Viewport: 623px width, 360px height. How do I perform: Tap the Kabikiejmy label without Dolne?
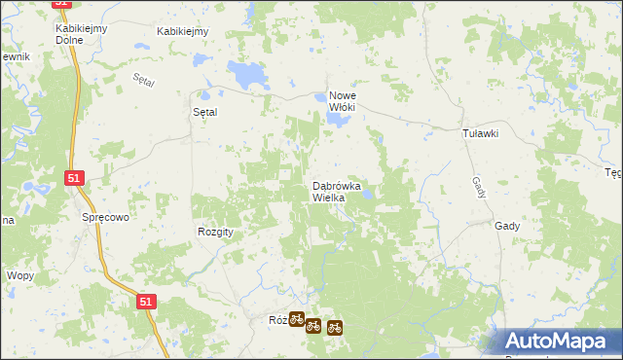tap(184, 31)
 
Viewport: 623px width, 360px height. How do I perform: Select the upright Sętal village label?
tap(204, 112)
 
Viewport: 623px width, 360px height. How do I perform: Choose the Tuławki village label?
tap(480, 134)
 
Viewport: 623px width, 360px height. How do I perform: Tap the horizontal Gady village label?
tap(506, 225)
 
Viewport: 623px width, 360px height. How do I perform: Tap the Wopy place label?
tap(20, 275)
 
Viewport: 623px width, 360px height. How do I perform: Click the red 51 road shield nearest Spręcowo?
tap(74, 178)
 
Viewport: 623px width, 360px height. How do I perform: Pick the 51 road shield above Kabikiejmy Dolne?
tap(62, 4)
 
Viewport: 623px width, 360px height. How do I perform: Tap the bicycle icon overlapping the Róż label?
tap(296, 318)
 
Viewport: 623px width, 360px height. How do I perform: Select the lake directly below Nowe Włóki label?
tap(337, 120)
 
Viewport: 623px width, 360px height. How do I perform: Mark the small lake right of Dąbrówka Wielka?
tap(369, 195)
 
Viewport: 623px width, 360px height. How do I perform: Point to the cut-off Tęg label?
tap(613, 173)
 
